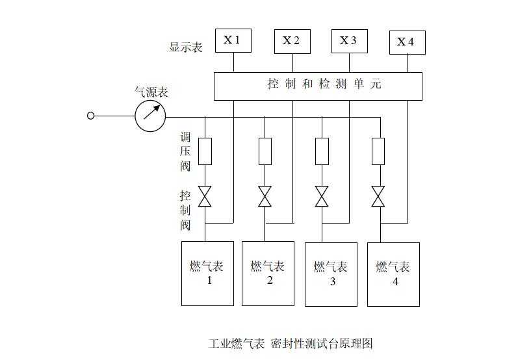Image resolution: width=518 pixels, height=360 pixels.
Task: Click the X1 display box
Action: pyautogui.click(x=233, y=40)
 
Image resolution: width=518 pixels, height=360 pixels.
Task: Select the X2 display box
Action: pyautogui.click(x=292, y=41)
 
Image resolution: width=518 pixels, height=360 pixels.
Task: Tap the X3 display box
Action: pyautogui.click(x=349, y=41)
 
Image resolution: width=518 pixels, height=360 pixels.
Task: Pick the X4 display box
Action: pyautogui.click(x=407, y=42)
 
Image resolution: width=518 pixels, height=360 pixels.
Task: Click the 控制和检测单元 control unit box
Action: pyautogui.click(x=318, y=86)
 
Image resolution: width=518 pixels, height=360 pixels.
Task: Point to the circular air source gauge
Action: pyautogui.click(x=150, y=116)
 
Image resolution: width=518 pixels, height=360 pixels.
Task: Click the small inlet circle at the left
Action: pyautogui.click(x=91, y=116)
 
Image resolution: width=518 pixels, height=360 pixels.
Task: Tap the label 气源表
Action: pyautogui.click(x=151, y=92)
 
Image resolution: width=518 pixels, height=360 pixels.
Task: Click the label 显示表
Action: pyautogui.click(x=186, y=47)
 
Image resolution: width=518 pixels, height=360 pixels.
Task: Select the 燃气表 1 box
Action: pyautogui.click(x=207, y=273)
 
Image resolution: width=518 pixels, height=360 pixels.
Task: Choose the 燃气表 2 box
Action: pyautogui.click(x=268, y=273)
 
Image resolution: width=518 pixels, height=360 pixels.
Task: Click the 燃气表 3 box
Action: pyautogui.click(x=331, y=274)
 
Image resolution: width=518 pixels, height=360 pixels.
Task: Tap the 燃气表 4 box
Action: pyautogui.click(x=393, y=274)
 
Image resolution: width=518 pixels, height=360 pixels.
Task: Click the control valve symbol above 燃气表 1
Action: pyautogui.click(x=205, y=196)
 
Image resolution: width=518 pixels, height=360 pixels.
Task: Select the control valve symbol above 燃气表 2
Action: pyautogui.click(x=265, y=196)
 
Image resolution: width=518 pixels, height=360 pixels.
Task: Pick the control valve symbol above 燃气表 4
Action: pyautogui.click(x=378, y=196)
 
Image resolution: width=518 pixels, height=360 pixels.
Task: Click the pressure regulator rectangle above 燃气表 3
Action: pyautogui.click(x=322, y=151)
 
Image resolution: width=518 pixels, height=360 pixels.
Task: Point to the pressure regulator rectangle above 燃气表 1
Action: pyautogui.click(x=205, y=151)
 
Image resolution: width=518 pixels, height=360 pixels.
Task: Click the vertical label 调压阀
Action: pyautogui.click(x=186, y=152)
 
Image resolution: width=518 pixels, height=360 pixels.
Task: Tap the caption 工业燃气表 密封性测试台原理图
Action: pyautogui.click(x=291, y=343)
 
